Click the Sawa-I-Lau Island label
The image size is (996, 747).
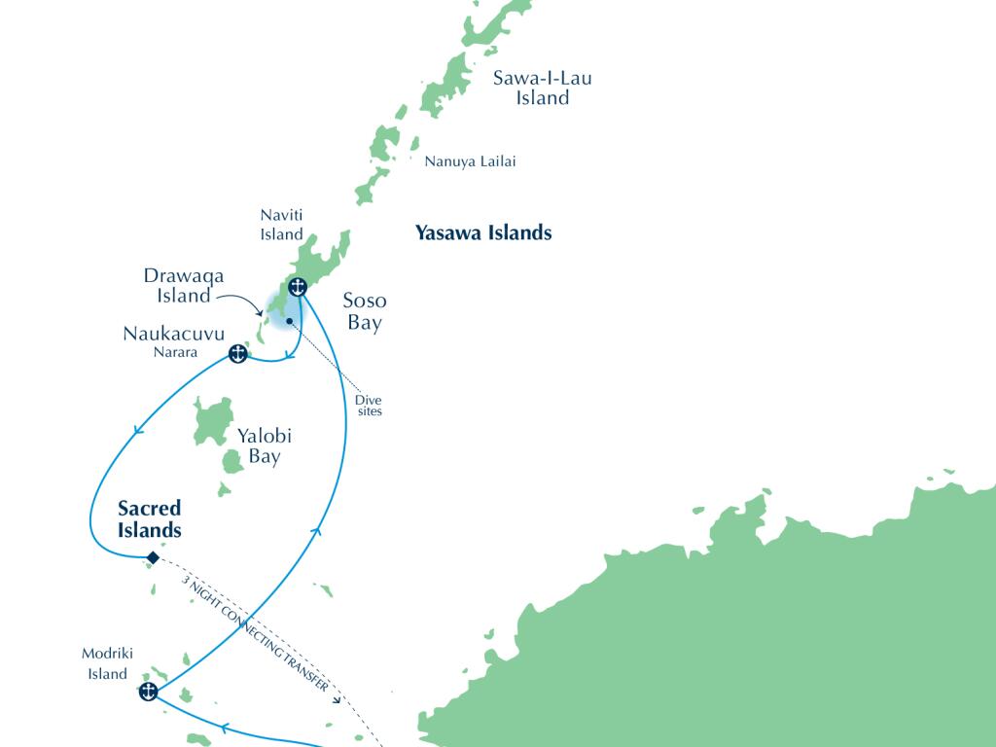(542, 88)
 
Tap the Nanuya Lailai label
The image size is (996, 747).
(470, 161)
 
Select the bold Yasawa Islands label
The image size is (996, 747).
(483, 232)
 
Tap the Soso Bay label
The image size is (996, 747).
(365, 311)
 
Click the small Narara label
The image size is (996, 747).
(175, 353)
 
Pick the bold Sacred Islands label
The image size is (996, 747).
(150, 519)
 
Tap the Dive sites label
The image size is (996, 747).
(369, 405)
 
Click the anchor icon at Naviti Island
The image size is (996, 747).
(299, 286)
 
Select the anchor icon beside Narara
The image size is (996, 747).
(236, 354)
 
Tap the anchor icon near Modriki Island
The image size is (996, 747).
(148, 693)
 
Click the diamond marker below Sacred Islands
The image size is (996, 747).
(152, 557)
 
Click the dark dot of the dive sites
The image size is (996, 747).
(289, 321)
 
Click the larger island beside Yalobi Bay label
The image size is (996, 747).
(213, 420)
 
